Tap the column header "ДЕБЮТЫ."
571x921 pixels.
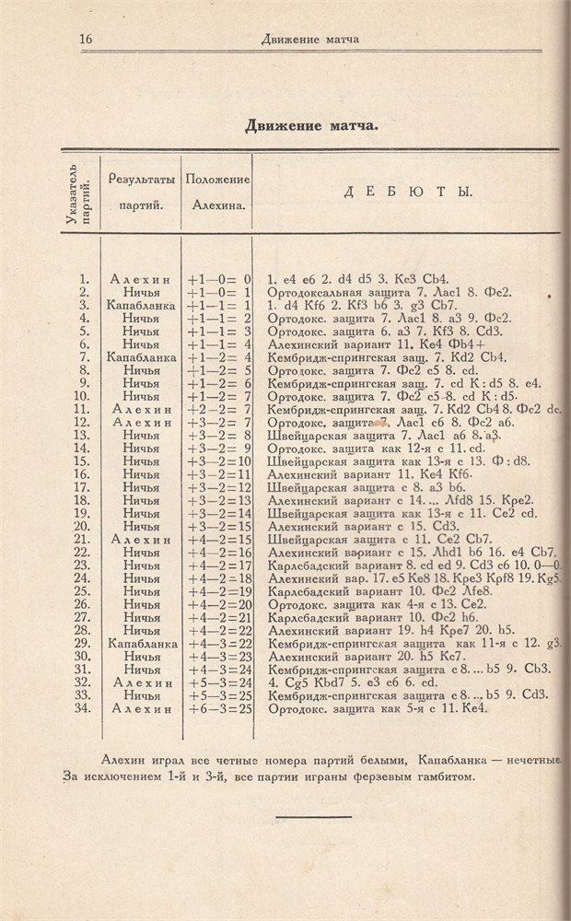407,192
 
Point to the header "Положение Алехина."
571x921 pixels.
217,192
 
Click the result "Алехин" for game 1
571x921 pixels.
140,278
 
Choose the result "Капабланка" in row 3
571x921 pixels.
140,304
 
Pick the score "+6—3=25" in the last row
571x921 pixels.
218,709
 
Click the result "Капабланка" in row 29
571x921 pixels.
140,644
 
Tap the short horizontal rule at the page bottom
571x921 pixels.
313,817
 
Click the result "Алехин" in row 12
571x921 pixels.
140,422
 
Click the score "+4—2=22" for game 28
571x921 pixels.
218,631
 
